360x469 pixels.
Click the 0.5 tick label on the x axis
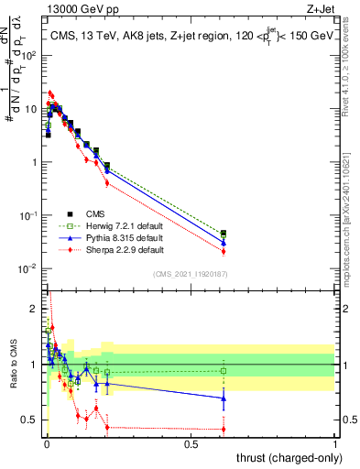191,443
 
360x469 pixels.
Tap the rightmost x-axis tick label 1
335,443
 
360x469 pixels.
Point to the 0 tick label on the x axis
47,443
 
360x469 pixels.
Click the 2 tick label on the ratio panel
34,308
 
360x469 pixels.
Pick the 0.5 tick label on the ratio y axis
30,420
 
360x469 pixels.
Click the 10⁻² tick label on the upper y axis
27,268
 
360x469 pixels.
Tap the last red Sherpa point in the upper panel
224,251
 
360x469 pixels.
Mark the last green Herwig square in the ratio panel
224,371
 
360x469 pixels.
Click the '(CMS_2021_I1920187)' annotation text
191,272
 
